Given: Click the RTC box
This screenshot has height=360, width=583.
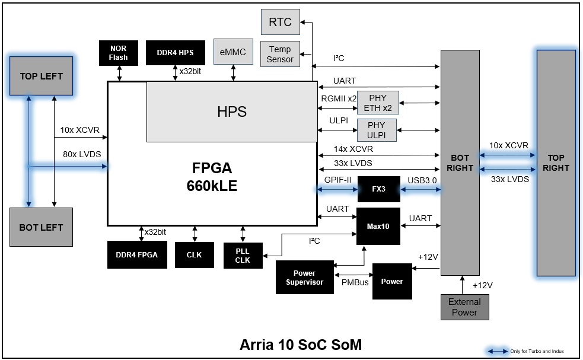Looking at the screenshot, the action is (x=281, y=22).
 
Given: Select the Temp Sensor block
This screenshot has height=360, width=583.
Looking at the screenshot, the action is (x=280, y=55).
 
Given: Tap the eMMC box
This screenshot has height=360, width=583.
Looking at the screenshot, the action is (x=233, y=52).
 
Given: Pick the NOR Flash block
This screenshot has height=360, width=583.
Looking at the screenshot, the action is (x=119, y=53).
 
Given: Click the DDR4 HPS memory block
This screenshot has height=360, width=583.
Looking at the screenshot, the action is (x=176, y=52).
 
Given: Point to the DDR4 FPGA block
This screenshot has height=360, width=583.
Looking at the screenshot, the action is (x=137, y=255).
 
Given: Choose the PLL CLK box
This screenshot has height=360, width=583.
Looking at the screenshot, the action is (x=243, y=256).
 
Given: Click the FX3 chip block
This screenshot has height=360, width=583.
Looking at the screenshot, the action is (x=378, y=189).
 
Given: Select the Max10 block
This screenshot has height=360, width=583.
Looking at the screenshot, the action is (x=378, y=226).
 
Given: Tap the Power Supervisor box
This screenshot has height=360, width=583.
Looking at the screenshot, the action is (x=304, y=278).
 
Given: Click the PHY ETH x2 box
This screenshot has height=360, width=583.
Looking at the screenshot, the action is (x=378, y=103).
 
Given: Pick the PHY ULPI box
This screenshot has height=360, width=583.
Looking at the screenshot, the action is (x=377, y=130).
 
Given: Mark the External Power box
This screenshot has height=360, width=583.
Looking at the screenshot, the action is (x=465, y=307).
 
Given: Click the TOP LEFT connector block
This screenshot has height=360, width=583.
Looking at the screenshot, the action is (x=42, y=76).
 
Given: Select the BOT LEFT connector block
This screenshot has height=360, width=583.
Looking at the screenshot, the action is (x=42, y=227).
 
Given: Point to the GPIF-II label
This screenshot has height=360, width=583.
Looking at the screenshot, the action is (x=337, y=180).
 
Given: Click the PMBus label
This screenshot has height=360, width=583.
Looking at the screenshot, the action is (x=355, y=282).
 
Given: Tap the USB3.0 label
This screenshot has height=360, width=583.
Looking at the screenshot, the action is (x=422, y=180).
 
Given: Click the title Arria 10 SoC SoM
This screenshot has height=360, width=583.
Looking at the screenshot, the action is (x=301, y=345).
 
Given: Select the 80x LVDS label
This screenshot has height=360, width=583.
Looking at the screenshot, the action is (x=82, y=154).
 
